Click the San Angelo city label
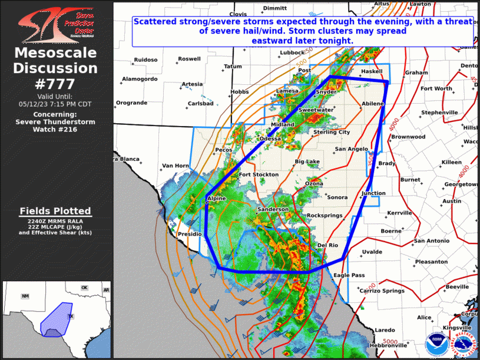352,149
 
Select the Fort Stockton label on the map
258,174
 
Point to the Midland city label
282,125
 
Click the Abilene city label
372,104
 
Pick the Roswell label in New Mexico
189,59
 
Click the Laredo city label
385,330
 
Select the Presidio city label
190,235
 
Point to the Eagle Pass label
349,275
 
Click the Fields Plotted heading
55,211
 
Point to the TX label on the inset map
70,316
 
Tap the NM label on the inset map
25,296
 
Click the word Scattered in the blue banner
154,21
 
